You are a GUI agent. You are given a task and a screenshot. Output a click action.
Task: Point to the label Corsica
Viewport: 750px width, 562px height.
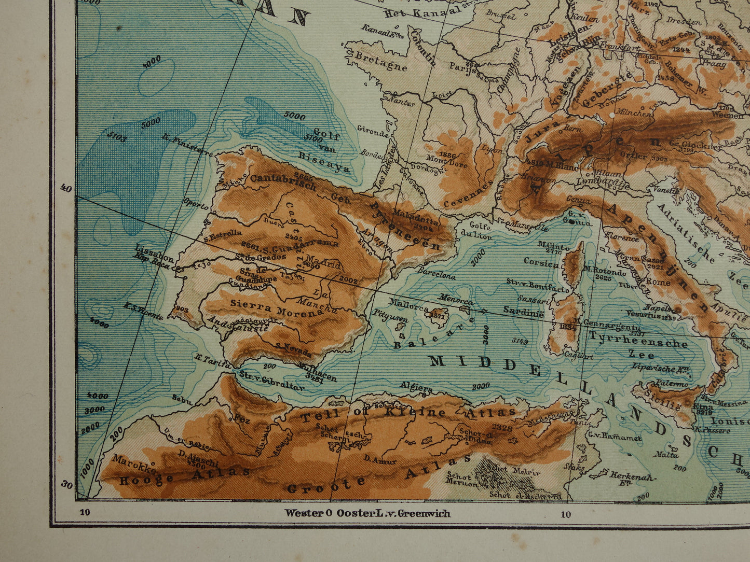tap(541, 262)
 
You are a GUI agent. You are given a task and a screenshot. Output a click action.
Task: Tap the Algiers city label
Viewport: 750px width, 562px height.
tap(416, 387)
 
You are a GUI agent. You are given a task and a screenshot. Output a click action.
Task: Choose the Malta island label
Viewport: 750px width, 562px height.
tap(666, 455)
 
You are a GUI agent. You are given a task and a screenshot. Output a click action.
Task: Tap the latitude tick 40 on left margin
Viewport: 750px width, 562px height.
tap(65, 188)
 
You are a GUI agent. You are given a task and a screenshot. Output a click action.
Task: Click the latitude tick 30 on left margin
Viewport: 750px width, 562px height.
tap(67, 485)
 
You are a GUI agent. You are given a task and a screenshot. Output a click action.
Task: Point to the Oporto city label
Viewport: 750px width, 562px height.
tap(196, 206)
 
